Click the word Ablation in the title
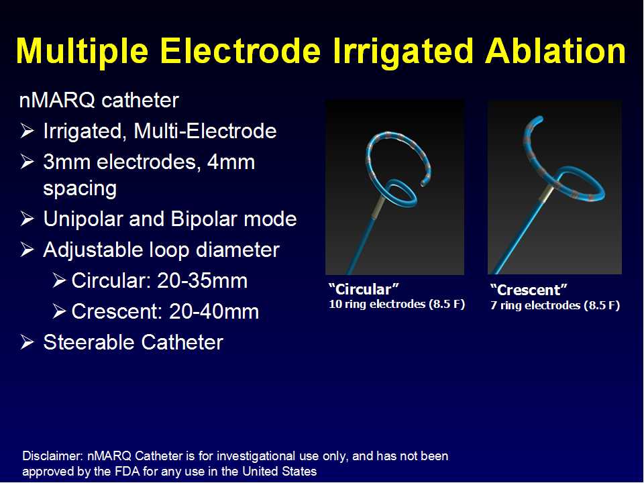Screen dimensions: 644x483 tap(555, 51)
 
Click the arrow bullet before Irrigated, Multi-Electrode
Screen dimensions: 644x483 tap(27, 131)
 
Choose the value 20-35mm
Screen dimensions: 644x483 tap(202, 281)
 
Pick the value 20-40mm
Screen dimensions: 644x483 tap(213, 312)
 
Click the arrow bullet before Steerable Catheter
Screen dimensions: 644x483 tap(27, 342)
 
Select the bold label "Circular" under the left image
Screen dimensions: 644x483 tap(364, 289)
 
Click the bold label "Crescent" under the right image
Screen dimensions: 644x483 tap(529, 290)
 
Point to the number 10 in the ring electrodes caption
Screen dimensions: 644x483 tap(335, 305)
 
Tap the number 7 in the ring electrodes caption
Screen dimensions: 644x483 tap(493, 306)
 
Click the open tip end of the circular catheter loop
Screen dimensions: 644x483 tap(423, 184)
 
